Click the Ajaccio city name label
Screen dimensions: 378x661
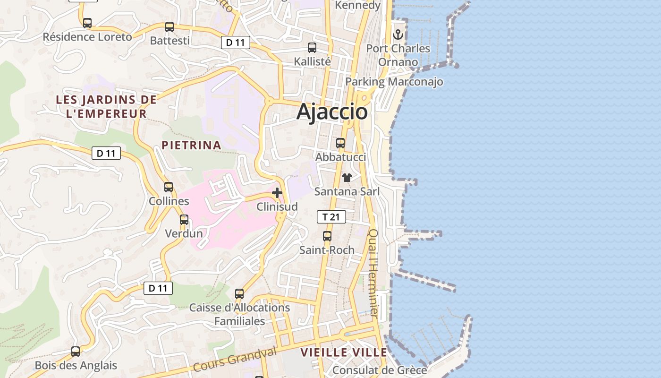coord(332,112)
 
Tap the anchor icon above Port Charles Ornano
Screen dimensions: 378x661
coord(398,34)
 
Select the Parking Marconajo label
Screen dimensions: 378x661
coord(394,82)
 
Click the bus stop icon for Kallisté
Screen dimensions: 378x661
coord(312,48)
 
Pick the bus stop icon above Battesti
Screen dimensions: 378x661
coord(169,27)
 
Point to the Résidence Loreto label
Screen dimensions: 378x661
coord(87,37)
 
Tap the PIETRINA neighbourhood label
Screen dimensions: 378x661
coord(192,145)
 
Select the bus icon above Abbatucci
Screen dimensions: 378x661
coord(340,143)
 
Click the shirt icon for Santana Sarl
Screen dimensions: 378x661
coord(347,178)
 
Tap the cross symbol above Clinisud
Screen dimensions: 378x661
coord(277,193)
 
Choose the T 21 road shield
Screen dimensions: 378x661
coord(331,217)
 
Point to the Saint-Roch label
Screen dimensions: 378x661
coord(327,250)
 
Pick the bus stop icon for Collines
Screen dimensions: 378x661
coord(169,187)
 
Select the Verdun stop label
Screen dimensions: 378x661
coord(184,233)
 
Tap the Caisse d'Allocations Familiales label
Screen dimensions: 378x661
coord(240,314)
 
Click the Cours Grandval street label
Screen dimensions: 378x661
coord(235,359)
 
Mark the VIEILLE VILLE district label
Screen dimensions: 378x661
coord(344,352)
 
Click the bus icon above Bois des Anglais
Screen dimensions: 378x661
coord(76,352)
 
